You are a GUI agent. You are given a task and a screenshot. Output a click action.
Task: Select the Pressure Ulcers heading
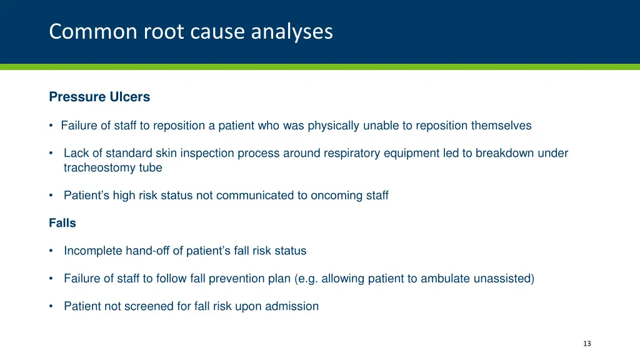click(99, 97)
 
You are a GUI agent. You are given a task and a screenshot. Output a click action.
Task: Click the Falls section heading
click(62, 223)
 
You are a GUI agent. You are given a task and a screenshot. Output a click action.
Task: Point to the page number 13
click(586, 344)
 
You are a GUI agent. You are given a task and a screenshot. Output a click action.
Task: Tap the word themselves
click(501, 126)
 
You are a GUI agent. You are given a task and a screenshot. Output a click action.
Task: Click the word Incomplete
click(93, 251)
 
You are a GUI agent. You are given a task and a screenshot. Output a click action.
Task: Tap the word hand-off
click(147, 251)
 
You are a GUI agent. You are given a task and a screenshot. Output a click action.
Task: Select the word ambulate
click(444, 279)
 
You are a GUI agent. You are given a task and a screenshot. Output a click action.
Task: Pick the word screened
click(141, 306)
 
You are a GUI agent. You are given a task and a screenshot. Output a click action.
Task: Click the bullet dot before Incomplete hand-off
click(51, 251)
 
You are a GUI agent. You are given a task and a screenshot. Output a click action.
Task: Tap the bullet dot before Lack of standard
click(51, 154)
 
